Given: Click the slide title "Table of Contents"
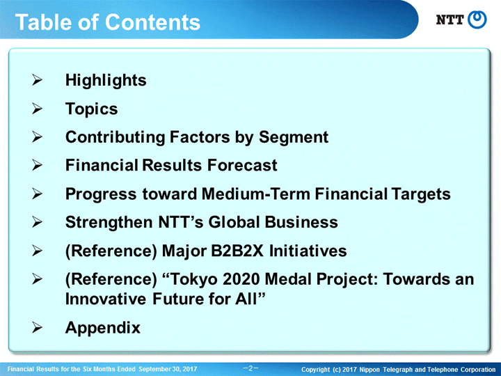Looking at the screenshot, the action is point(108,22).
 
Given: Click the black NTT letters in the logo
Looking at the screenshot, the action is point(450,19).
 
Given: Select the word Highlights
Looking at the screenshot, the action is point(106,81).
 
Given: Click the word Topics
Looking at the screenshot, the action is point(91,109).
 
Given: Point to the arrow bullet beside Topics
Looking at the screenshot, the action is point(37,109).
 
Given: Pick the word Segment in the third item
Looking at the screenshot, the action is point(294,137).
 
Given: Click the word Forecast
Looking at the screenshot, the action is point(242,165).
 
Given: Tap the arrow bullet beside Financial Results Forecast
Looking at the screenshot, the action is point(37,165).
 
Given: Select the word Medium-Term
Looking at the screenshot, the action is point(256,194).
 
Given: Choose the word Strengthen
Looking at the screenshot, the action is point(109,223).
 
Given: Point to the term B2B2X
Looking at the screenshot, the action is point(237,251).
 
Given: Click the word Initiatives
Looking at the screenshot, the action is point(308,251).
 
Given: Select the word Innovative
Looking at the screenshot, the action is point(106,299).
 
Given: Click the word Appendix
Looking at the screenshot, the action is point(102,328).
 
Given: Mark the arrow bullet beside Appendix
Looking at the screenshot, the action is point(37,327).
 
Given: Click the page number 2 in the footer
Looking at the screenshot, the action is point(250,368).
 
